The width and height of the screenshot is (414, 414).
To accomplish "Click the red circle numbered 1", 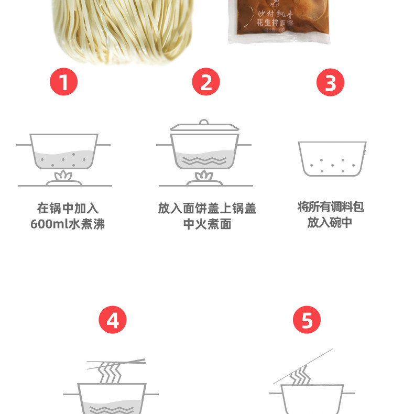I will [63, 82].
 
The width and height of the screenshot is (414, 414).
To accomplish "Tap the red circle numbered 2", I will [206, 82].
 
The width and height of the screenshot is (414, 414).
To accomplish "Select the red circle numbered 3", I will [331, 82].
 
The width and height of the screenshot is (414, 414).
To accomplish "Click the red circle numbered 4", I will [113, 320].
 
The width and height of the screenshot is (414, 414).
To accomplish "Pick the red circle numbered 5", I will [307, 320].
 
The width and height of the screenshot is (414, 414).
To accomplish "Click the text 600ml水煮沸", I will [68, 224].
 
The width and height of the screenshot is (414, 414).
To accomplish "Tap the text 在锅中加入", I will [68, 208].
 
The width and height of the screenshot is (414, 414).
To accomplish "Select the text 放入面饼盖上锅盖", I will [207, 208].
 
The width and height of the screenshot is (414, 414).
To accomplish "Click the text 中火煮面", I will [207, 224].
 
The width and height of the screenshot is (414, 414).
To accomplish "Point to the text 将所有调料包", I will [331, 207].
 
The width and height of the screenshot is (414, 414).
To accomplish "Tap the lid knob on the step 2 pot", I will [204, 122].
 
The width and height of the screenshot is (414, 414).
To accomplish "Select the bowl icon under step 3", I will [332, 158].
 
